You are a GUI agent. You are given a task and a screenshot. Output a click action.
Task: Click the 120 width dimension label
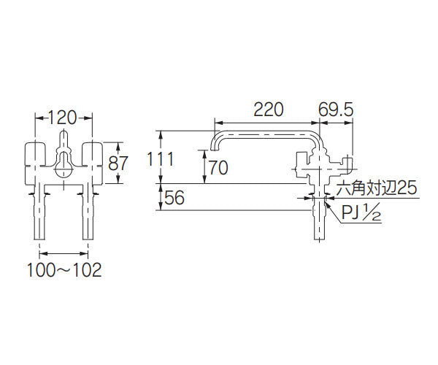point(64,116)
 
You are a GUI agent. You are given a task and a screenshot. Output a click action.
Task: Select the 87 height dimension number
point(118,161)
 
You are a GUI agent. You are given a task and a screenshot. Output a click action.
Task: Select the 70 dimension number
point(218,167)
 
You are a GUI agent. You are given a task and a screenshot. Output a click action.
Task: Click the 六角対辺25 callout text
point(374,188)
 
